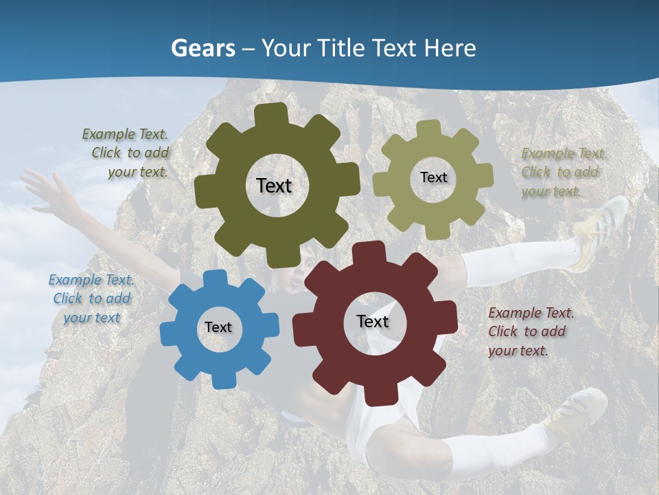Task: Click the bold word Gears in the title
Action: [203, 48]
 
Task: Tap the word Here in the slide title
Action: [450, 48]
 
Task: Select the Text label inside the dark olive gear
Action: [274, 186]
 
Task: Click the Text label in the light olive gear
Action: [433, 177]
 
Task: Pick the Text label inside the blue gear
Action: [218, 328]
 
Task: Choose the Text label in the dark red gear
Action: [373, 322]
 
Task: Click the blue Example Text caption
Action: [91, 298]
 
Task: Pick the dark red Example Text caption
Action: [529, 331]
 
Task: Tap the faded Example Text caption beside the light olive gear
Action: [562, 172]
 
